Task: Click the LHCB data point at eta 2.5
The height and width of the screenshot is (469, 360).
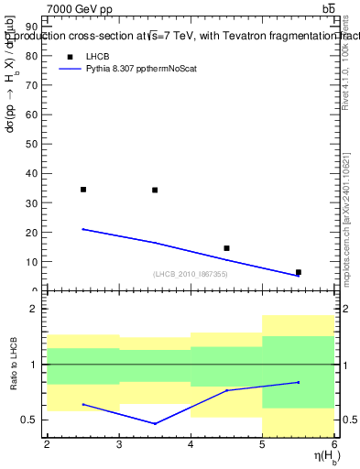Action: tap(83, 190)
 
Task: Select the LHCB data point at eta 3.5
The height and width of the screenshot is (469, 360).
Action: tap(155, 190)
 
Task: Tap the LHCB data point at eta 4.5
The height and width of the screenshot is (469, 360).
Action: tap(226, 248)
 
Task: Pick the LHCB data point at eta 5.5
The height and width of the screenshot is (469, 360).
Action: tap(298, 272)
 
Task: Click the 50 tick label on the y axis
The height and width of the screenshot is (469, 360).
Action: tap(35, 144)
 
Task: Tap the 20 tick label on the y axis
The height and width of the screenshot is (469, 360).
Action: tap(35, 232)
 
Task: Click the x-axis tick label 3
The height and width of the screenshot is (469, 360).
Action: tap(119, 444)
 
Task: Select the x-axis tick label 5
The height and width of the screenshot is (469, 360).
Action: tap(262, 444)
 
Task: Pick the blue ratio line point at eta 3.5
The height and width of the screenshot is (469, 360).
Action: tap(155, 423)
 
